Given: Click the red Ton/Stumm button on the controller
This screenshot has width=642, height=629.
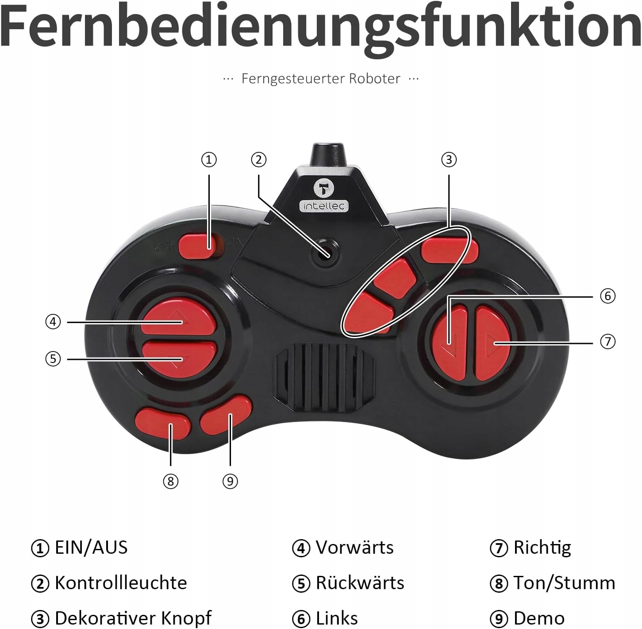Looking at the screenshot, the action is (163, 423).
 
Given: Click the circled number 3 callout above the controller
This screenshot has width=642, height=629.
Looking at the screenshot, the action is (449, 160).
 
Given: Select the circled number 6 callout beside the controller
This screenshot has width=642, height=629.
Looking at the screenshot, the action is (607, 296).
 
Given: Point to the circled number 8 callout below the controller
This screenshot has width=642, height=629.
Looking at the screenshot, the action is (171, 481).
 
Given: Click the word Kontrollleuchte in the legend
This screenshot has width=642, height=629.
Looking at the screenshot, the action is (121, 583).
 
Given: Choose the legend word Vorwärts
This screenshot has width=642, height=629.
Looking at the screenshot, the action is (354, 548).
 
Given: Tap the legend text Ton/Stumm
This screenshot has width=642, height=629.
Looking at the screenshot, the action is (564, 583).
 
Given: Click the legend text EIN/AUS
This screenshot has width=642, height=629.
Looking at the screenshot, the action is (91, 548).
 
